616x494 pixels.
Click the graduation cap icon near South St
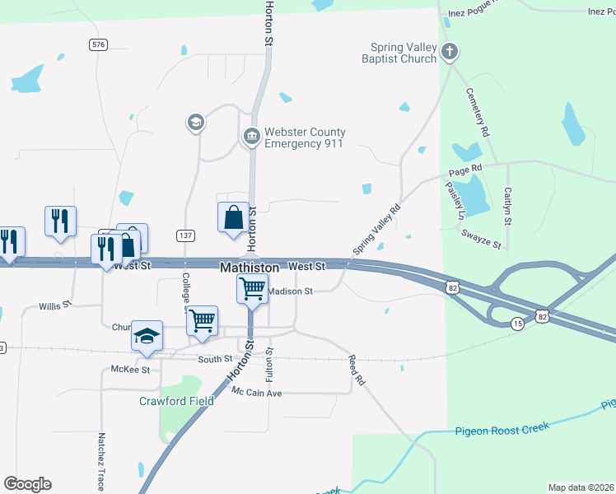tap(147, 337)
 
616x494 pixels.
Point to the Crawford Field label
tap(176, 401)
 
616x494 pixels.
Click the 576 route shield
tap(99, 44)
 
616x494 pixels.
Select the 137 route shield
tap(186, 235)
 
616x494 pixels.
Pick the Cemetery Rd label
tap(478, 113)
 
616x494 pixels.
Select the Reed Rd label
tap(356, 370)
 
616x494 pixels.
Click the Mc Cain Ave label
tap(257, 393)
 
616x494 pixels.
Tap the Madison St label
tap(291, 291)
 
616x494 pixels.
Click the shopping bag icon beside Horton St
tap(233, 218)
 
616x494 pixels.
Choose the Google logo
tap(27, 484)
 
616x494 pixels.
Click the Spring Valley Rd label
tap(376, 229)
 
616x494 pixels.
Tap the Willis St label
tap(56, 305)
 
